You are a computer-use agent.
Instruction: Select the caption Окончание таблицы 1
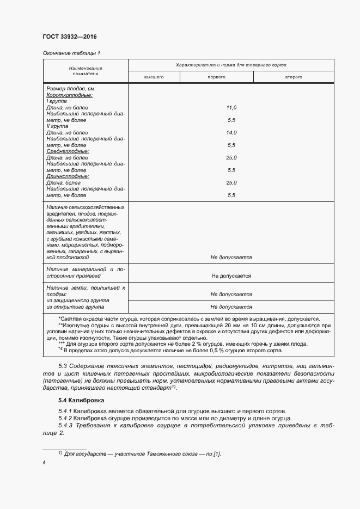[x=71, y=53]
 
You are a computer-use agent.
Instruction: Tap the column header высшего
[x=154, y=77]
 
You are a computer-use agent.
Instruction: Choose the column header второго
[x=294, y=77]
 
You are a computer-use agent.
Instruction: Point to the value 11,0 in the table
[x=231, y=107]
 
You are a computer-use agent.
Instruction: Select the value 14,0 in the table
[x=231, y=132]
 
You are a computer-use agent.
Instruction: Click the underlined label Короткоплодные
[x=69, y=95]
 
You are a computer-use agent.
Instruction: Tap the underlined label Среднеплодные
[x=68, y=151]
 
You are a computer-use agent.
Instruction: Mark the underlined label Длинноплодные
[x=68, y=176]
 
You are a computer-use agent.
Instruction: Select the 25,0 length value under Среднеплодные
[x=231, y=157]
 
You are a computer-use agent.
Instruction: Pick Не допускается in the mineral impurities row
[x=231, y=276]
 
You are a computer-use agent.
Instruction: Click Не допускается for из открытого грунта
[x=231, y=306]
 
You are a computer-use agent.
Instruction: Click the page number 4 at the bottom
[x=44, y=463]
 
